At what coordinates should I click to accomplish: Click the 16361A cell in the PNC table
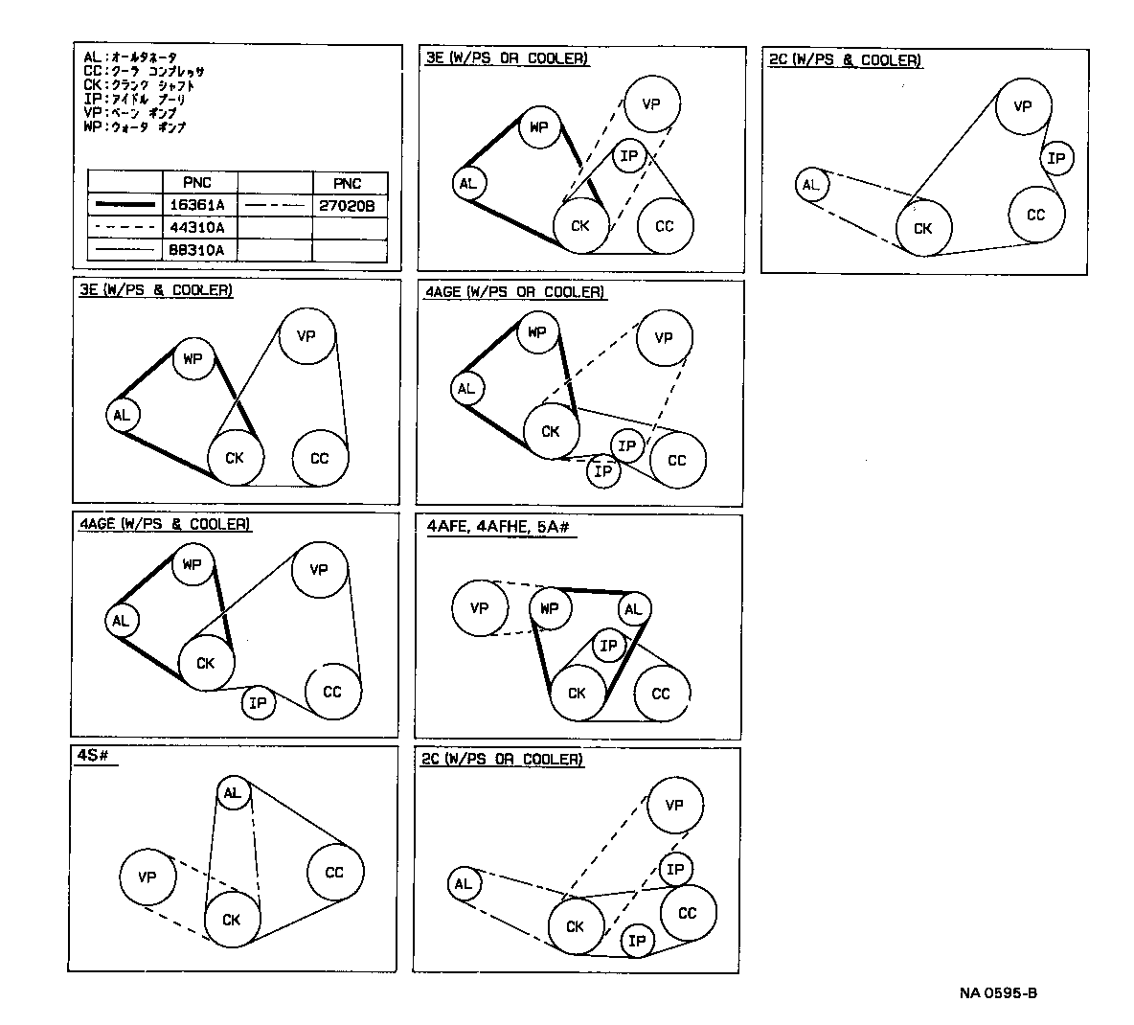click(198, 205)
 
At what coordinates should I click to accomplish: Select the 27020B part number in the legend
click(349, 205)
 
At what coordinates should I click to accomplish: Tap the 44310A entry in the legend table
click(198, 228)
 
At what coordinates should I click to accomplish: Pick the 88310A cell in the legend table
click(198, 251)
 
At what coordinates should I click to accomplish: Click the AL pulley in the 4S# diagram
click(233, 793)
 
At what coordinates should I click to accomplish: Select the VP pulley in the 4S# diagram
click(147, 877)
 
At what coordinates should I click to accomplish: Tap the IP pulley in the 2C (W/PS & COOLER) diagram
click(1056, 159)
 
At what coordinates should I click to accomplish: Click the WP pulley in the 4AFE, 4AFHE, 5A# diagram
click(550, 608)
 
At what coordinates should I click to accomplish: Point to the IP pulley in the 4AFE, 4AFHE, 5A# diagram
click(608, 647)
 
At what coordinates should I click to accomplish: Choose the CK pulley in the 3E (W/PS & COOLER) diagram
click(235, 458)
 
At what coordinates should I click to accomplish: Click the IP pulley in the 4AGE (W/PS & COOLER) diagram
click(258, 704)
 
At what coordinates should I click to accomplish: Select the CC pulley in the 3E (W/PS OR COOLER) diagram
click(665, 227)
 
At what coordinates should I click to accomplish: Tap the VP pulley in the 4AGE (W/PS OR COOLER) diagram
click(664, 338)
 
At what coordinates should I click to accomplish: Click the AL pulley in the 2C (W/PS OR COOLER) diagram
click(464, 884)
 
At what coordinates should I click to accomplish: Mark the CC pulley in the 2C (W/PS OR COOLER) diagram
click(688, 914)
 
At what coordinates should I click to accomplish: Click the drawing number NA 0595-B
click(998, 992)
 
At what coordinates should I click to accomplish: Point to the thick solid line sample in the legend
click(124, 205)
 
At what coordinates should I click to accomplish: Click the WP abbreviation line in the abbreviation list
click(134, 126)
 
